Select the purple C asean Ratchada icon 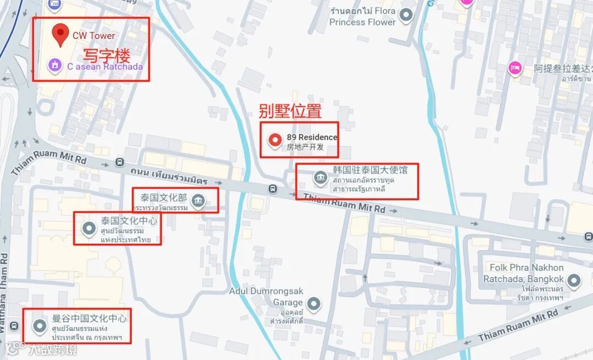[54, 66]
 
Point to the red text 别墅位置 [290, 111]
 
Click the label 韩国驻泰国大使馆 [370, 170]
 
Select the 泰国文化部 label [163, 196]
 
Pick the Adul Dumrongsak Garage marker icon [313, 303]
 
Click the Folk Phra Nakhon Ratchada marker [574, 282]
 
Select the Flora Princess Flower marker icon [406, 15]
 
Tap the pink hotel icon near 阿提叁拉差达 [514, 67]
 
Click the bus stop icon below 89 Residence [272, 189]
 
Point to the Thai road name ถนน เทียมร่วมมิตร [169, 176]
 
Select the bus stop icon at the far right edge [588, 237]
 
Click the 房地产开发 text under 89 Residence [305, 147]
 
